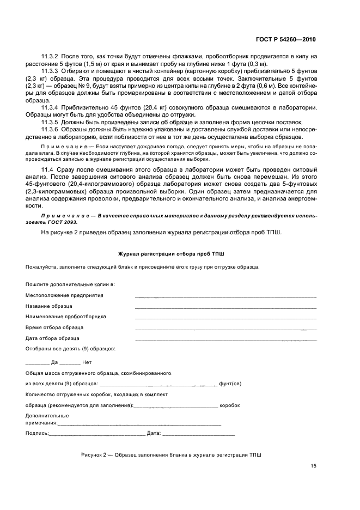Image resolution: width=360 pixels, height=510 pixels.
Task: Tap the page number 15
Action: pyautogui.click(x=313, y=466)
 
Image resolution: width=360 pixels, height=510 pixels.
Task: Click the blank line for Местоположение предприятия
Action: pyautogui.click(x=225, y=297)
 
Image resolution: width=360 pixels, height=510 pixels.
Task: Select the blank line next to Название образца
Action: pyautogui.click(x=225, y=308)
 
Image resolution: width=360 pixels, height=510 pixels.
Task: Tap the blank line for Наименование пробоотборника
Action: pyautogui.click(x=225, y=318)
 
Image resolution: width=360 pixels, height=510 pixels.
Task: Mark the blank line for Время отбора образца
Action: pyautogui.click(x=225, y=329)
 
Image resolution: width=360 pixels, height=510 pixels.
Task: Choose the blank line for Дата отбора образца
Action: pyautogui.click(x=225, y=340)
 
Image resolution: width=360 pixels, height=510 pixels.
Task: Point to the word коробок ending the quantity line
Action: pyautogui.click(x=229, y=405)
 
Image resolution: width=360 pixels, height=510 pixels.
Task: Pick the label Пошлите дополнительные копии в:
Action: pyautogui.click(x=70, y=284)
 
